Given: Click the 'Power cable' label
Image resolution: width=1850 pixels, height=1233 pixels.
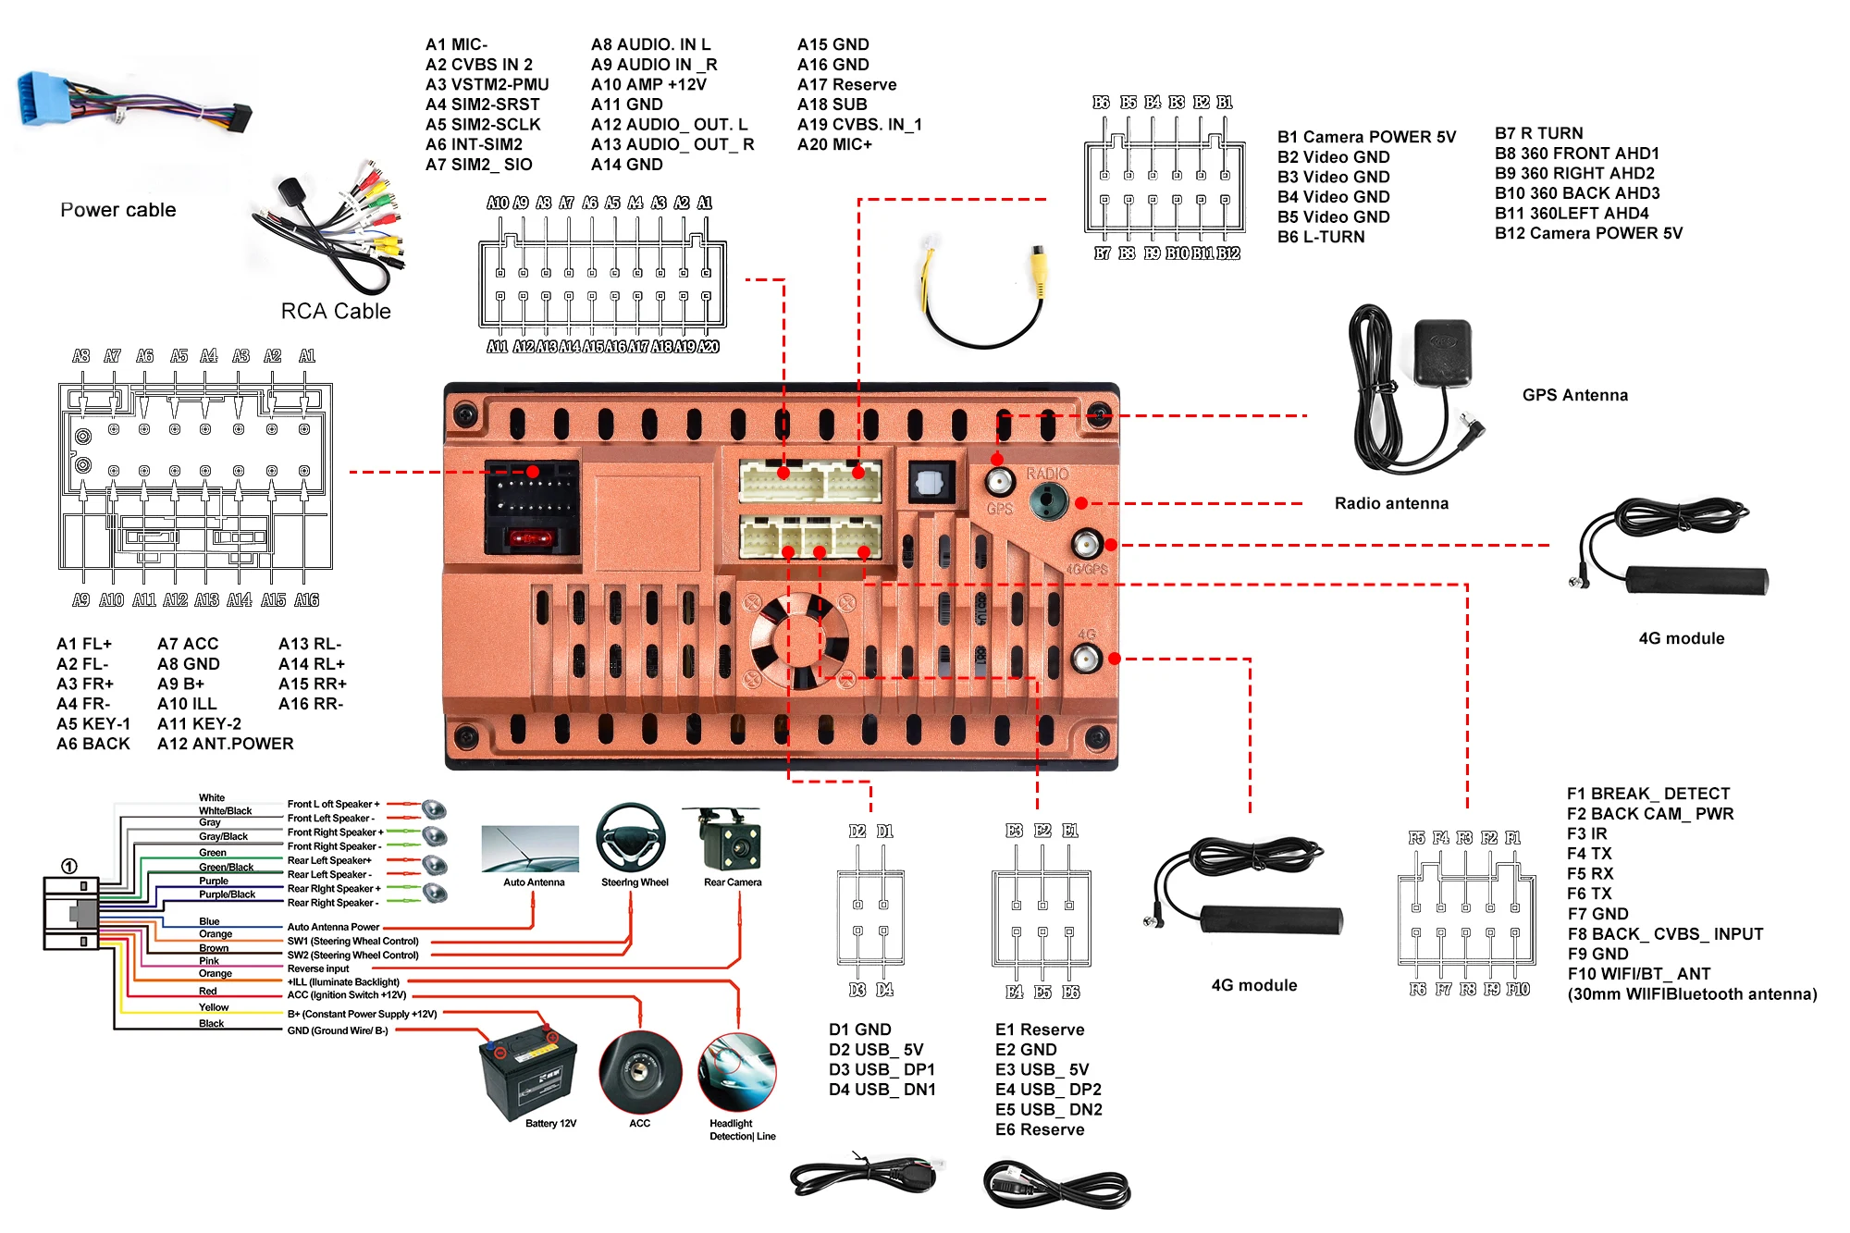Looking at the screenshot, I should coord(117,210).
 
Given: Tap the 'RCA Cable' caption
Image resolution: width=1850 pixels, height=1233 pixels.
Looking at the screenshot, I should coord(336,312).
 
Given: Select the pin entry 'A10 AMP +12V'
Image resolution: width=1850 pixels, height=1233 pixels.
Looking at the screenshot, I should coord(648,84).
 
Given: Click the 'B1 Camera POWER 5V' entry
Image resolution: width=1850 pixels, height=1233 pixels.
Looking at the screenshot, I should coord(1366,137).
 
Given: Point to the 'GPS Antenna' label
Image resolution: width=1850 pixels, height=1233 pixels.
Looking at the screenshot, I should coord(1574,395).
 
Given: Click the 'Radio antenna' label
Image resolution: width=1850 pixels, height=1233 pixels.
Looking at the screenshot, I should coord(1391,503).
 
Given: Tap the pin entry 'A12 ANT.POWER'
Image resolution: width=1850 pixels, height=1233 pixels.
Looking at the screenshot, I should coord(225,744).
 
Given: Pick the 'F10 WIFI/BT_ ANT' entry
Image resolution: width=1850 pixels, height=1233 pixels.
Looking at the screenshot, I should coord(1638,974).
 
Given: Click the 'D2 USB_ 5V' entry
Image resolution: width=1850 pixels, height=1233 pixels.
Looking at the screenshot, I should coord(875,1050).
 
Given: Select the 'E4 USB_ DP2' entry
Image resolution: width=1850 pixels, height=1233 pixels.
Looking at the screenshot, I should coord(1048,1090).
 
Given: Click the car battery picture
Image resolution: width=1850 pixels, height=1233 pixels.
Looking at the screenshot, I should coord(528,1072).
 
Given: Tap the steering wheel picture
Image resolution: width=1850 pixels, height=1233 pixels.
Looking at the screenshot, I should coord(631,837).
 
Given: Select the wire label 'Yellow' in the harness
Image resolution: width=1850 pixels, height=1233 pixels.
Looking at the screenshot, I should coord(214,1007).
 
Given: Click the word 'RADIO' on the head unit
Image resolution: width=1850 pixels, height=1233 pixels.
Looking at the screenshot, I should coord(1047,474).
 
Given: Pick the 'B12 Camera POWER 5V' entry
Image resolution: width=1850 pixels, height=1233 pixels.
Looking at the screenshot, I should coord(1588,233).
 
